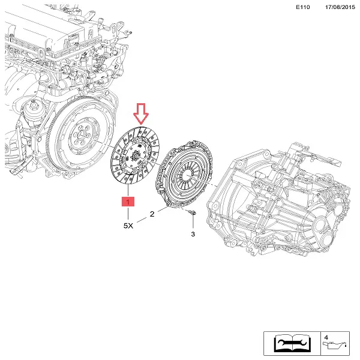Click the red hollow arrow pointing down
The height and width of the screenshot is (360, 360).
coord(139,112)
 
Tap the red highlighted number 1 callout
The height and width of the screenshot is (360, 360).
coord(128,202)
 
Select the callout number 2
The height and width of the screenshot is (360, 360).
coord(152,213)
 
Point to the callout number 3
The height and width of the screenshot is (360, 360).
coord(193,234)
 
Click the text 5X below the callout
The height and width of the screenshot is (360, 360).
coord(128,226)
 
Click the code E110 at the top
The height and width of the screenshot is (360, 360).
coord(305,7)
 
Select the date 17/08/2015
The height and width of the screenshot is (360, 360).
coord(340,7)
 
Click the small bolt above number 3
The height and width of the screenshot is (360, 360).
coord(192,214)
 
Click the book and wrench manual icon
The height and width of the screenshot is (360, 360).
coord(292,343)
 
